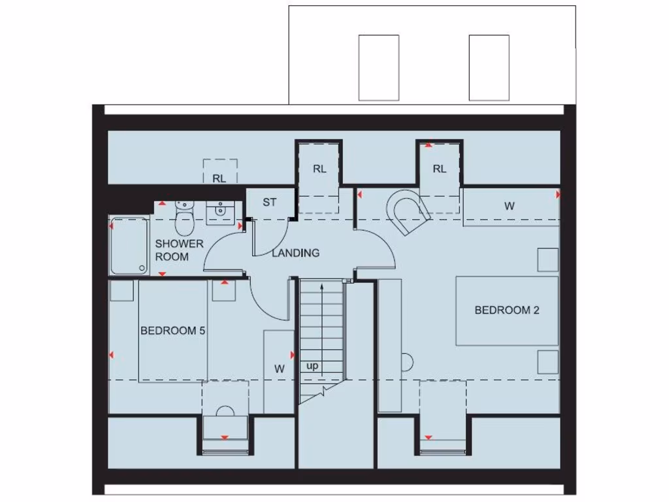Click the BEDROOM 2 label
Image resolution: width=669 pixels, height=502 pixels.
[x=506, y=310]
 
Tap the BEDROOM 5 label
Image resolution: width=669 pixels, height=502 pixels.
[x=173, y=331]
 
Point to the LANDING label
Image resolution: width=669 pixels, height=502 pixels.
[x=296, y=253]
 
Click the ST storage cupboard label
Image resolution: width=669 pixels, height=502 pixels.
[x=270, y=203]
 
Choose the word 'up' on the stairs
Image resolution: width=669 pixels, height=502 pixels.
[x=312, y=366]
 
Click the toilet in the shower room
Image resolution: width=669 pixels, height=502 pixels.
[x=185, y=220]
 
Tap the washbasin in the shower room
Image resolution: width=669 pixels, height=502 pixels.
[x=220, y=211]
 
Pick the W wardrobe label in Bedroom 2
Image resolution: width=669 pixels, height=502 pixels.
[x=510, y=206]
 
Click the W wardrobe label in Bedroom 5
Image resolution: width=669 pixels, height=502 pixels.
[x=280, y=369]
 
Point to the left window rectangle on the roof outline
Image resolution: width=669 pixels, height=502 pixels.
[x=378, y=67]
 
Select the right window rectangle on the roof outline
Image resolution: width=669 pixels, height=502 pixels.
[x=489, y=67]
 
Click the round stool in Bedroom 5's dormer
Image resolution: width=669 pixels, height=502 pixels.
[x=225, y=412]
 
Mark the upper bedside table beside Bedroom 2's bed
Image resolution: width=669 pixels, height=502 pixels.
[x=548, y=259]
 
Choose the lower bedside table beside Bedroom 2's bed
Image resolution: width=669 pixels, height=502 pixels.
[x=548, y=361]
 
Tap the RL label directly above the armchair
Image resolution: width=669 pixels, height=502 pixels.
[x=440, y=169]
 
